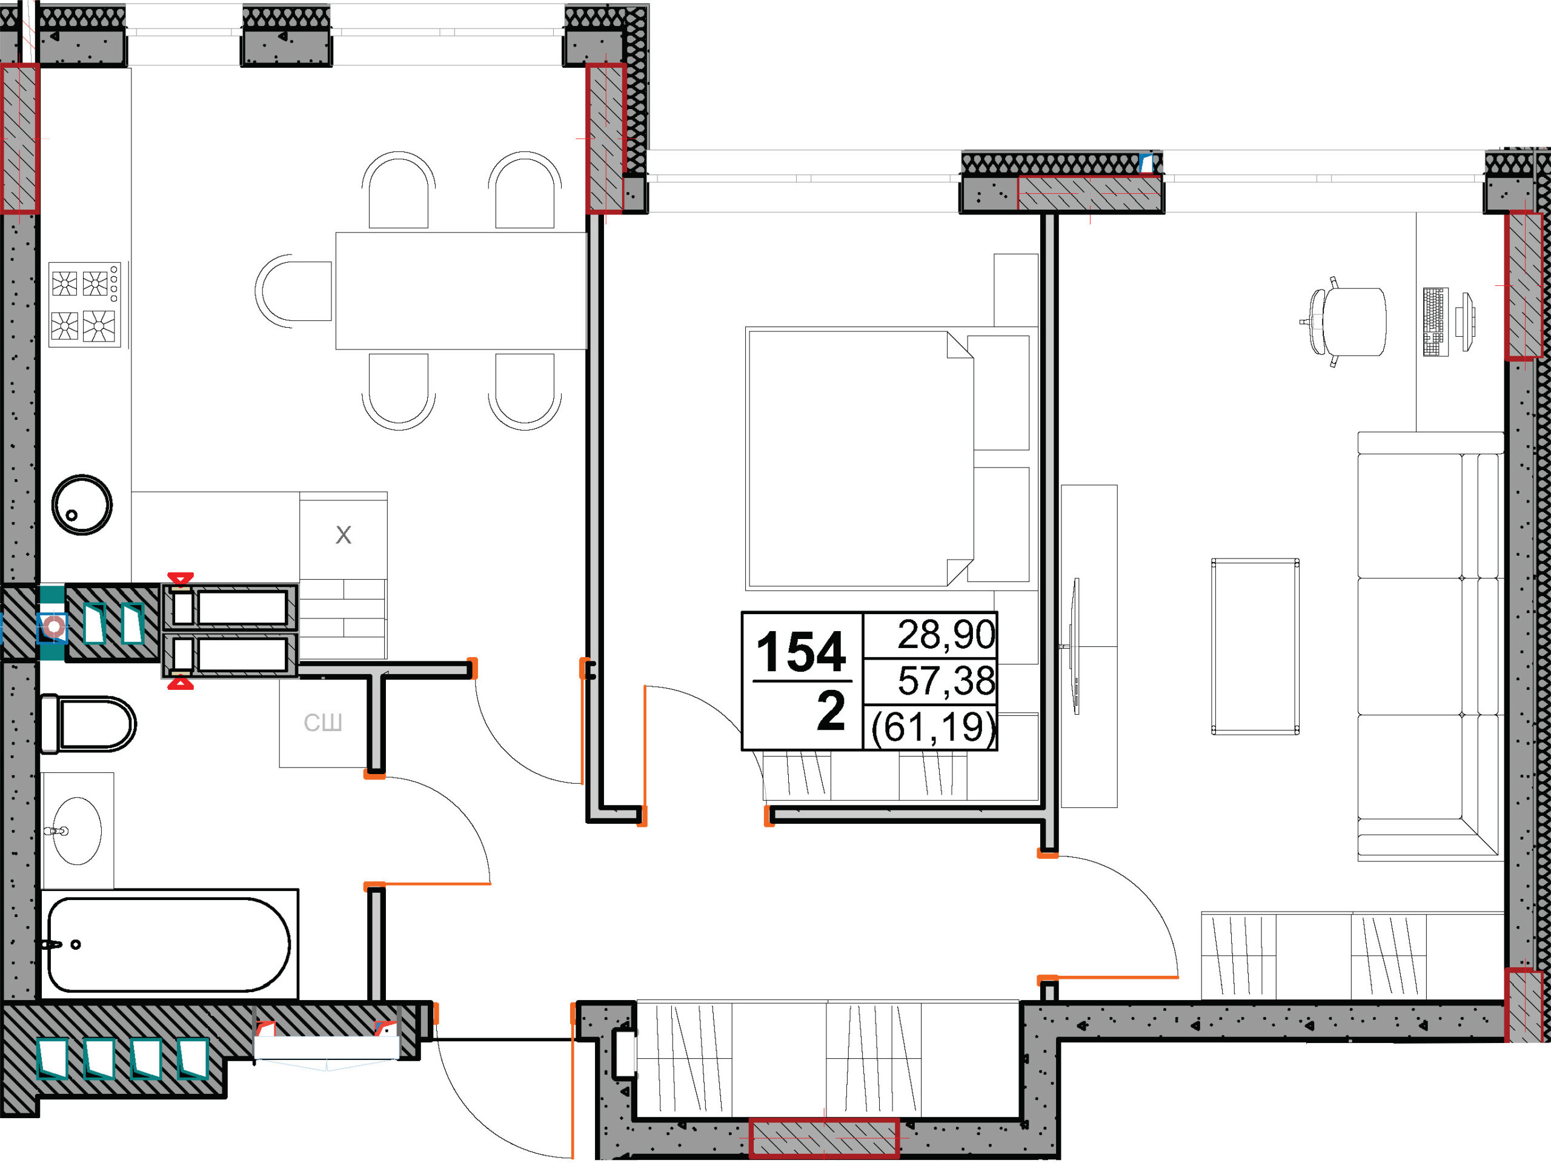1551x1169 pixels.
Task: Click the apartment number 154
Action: coord(801,652)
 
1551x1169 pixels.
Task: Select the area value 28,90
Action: coord(946,634)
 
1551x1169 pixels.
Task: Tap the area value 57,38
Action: coord(946,681)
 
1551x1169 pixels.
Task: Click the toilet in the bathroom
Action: coord(88,724)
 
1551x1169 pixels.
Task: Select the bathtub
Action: coord(169,944)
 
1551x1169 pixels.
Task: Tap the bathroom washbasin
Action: coord(77,830)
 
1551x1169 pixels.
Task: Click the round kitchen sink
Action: coord(82,505)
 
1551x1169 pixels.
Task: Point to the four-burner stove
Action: coord(85,305)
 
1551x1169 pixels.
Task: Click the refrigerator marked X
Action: coord(344,535)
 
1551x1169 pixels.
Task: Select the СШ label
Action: coord(322,723)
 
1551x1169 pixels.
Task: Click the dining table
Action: coord(460,291)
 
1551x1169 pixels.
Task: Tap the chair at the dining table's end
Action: coord(293,291)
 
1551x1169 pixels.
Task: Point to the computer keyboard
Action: coord(1435,322)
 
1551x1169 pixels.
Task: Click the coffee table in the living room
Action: coord(1255,647)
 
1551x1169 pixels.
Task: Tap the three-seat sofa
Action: coord(1430,646)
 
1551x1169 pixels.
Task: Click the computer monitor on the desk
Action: coord(1465,322)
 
